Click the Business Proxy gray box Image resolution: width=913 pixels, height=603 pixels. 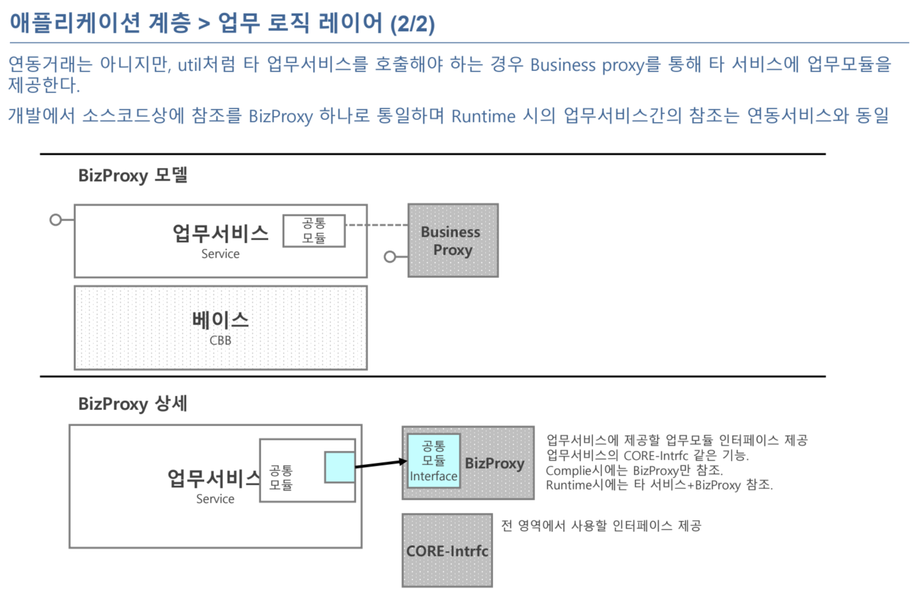453,240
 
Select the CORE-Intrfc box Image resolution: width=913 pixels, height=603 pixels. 447,550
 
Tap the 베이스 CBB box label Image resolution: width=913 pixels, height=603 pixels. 220,328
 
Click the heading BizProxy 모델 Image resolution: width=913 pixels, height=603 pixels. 133,175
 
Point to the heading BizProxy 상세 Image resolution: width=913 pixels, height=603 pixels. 133,404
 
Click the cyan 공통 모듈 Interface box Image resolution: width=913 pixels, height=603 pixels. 434,461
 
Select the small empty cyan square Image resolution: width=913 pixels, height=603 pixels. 339,467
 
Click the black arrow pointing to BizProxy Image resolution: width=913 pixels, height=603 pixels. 381,464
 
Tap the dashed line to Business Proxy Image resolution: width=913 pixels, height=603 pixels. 376,225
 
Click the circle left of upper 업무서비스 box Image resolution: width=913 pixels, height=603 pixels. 56,220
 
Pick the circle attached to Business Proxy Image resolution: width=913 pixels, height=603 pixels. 389,257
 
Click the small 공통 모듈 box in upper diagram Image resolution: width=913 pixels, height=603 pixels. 314,231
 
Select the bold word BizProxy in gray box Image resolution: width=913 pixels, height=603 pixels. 495,463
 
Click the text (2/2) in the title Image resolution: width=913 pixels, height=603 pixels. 412,24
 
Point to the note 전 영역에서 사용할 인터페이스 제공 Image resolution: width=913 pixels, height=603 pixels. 601,525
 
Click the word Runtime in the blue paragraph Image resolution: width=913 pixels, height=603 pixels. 483,116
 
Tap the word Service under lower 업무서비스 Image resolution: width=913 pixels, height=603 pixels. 215,499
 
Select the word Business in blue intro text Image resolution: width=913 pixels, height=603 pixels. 563,65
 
